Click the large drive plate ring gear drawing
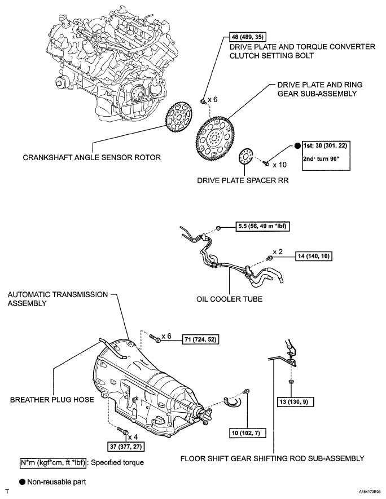pos(215,136)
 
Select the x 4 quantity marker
pos(133,437)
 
